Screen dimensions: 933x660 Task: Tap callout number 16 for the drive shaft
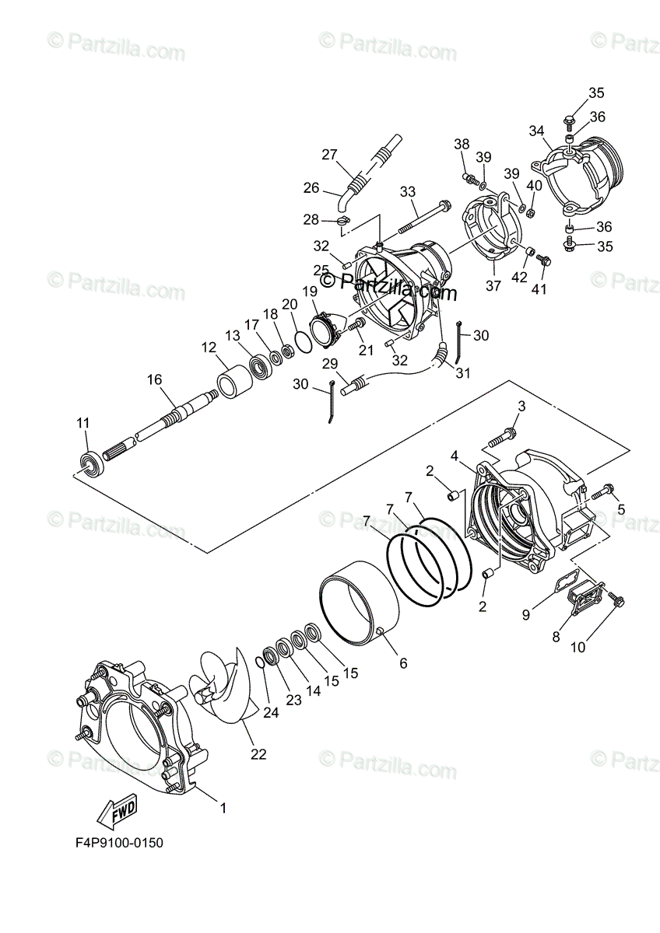154,379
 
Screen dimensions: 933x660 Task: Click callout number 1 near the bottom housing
223,808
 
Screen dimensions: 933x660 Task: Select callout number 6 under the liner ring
402,662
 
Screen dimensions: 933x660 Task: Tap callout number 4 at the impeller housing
454,456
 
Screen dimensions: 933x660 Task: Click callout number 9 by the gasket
526,615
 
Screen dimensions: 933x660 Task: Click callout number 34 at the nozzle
537,131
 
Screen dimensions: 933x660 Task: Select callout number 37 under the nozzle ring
493,285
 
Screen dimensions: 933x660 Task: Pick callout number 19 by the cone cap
310,292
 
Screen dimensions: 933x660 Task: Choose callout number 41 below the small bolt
539,289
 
